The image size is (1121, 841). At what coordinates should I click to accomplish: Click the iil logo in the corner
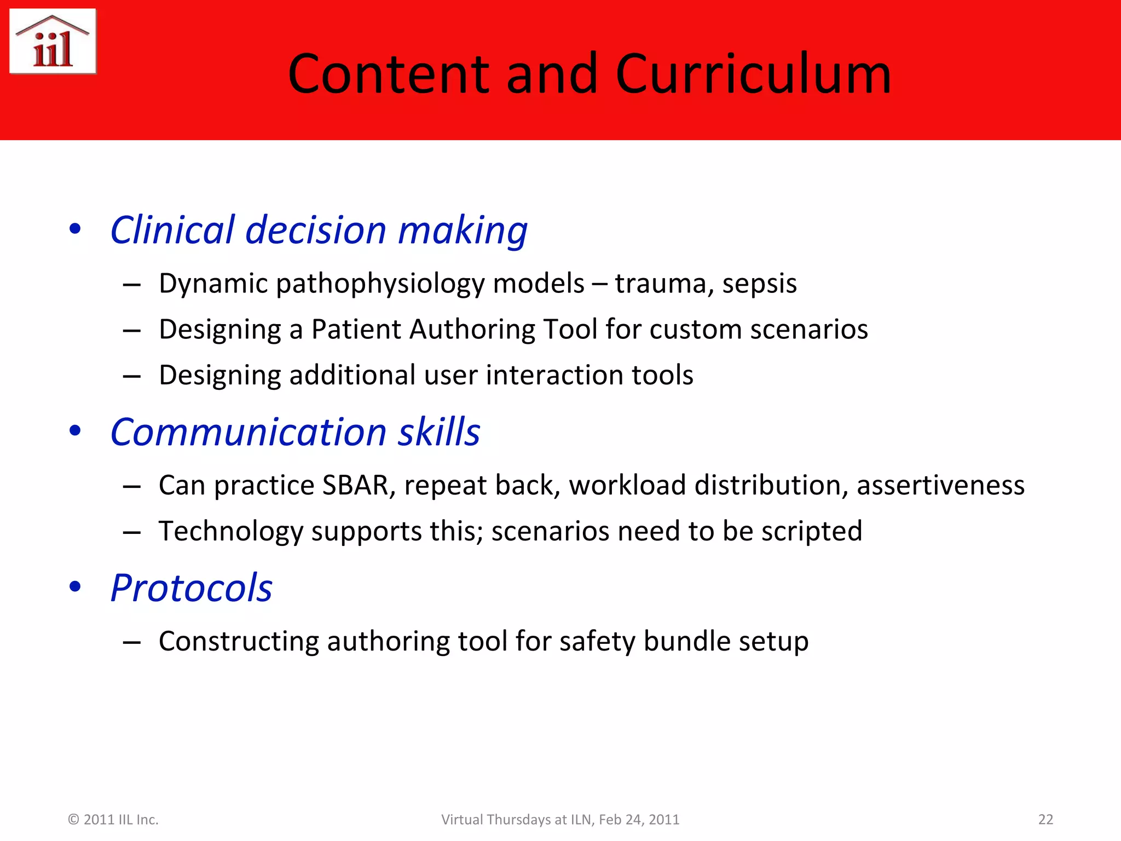click(x=53, y=42)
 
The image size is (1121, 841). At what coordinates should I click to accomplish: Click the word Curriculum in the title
click(x=754, y=74)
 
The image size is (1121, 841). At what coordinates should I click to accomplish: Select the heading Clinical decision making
click(x=319, y=230)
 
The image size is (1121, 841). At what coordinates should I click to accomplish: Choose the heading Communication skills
click(x=295, y=432)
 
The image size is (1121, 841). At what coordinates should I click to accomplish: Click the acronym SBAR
click(x=355, y=485)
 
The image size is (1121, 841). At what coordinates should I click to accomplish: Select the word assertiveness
click(x=940, y=485)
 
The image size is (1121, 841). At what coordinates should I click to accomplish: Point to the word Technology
click(x=230, y=532)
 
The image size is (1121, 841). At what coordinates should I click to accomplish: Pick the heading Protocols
click(x=191, y=588)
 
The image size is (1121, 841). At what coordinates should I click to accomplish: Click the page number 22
click(x=1045, y=820)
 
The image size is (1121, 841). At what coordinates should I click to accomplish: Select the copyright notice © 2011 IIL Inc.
click(x=113, y=820)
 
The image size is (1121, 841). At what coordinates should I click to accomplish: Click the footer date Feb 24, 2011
click(x=639, y=820)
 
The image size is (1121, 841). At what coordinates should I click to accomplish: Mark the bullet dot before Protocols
click(x=75, y=587)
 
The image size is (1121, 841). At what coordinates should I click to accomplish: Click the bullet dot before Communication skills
click(x=75, y=431)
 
